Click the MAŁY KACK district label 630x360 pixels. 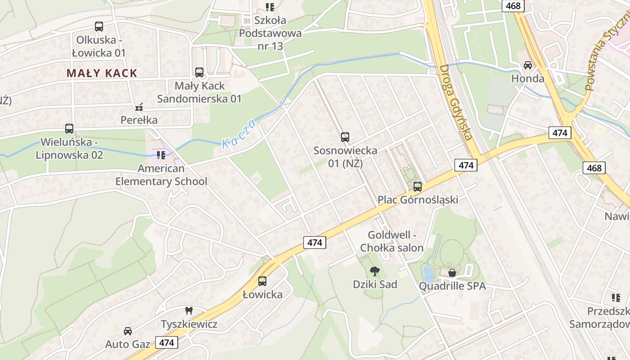pyautogui.click(x=102, y=73)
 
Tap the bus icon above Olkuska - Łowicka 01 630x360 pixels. pyautogui.click(x=99, y=27)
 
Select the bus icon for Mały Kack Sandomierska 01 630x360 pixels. pyautogui.click(x=199, y=72)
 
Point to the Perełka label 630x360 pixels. pyautogui.click(x=139, y=120)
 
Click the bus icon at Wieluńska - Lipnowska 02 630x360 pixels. pyautogui.click(x=69, y=129)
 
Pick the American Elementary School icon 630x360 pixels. pyautogui.click(x=161, y=155)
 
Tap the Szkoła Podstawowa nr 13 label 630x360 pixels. pyautogui.click(x=270, y=33)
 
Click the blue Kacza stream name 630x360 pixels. pyautogui.click(x=239, y=134)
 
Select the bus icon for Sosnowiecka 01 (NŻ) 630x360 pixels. pyautogui.click(x=345, y=137)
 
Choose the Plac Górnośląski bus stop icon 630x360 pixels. pyautogui.click(x=418, y=186)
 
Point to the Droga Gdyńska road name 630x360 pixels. pyautogui.click(x=455, y=102)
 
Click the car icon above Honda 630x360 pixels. pyautogui.click(x=528, y=65)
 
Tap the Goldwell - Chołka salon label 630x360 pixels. pyautogui.click(x=391, y=241)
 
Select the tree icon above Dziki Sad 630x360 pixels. pyautogui.click(x=374, y=271)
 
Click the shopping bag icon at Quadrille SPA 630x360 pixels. pyautogui.click(x=452, y=273)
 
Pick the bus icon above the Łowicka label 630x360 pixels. pyautogui.click(x=262, y=281)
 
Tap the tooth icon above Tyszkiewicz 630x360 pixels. pyautogui.click(x=189, y=310)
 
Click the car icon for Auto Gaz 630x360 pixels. pyautogui.click(x=128, y=331)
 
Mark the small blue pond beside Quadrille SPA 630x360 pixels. pyautogui.click(x=428, y=273)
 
